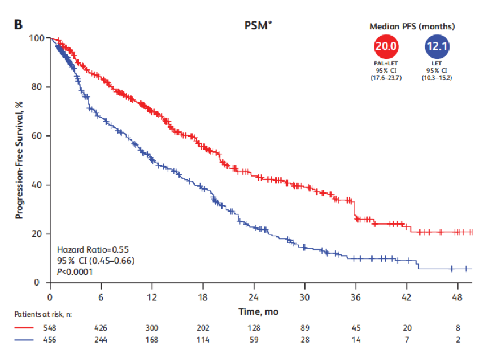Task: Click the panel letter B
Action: point(18,24)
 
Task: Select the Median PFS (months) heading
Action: point(412,27)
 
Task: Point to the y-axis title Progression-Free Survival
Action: point(19,160)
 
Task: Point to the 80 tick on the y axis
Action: point(38,87)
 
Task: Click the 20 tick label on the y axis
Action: point(38,234)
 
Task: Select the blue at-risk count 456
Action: point(50,340)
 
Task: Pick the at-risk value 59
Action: point(254,340)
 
